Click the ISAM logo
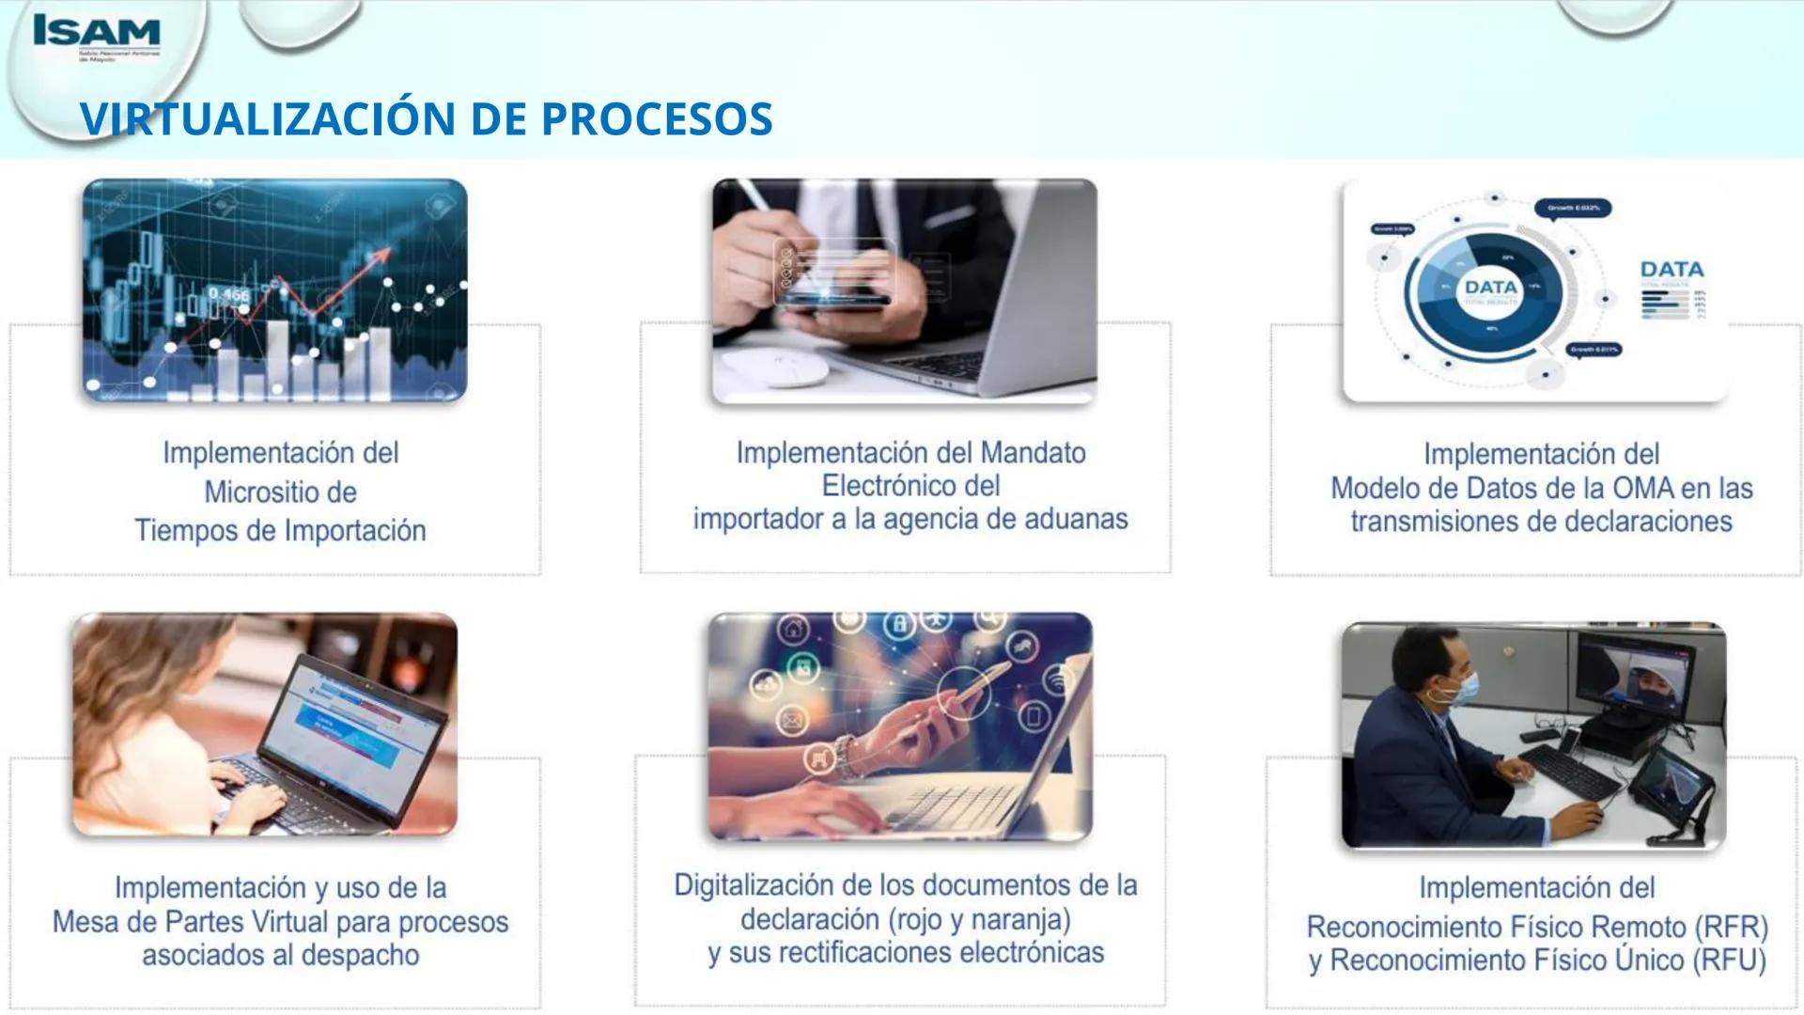(96, 33)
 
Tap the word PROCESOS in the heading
(657, 119)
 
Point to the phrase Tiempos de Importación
(280, 531)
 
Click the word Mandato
(1033, 453)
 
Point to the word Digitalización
(753, 885)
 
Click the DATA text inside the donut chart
(1490, 287)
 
